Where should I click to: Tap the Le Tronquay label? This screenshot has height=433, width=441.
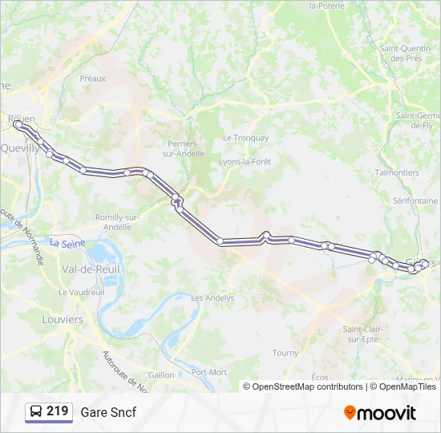245,138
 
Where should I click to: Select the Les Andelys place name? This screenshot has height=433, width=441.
212,297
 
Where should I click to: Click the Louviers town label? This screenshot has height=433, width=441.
63,319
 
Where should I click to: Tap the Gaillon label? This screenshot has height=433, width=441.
161,374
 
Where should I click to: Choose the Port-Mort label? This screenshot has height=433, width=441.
209,372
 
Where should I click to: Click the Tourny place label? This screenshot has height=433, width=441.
285,353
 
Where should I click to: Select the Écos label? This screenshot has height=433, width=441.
320,377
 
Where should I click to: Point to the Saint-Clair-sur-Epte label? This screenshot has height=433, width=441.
363,334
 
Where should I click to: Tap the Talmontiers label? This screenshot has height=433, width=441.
397,172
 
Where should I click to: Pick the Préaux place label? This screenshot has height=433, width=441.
93,79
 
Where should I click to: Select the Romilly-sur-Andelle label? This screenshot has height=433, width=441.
118,222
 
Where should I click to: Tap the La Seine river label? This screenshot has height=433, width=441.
67,241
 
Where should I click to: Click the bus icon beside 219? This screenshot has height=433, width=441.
36,412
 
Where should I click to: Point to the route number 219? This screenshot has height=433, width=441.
57,411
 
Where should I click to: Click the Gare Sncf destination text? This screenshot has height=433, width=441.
108,412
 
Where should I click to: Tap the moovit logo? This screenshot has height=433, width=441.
380,413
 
